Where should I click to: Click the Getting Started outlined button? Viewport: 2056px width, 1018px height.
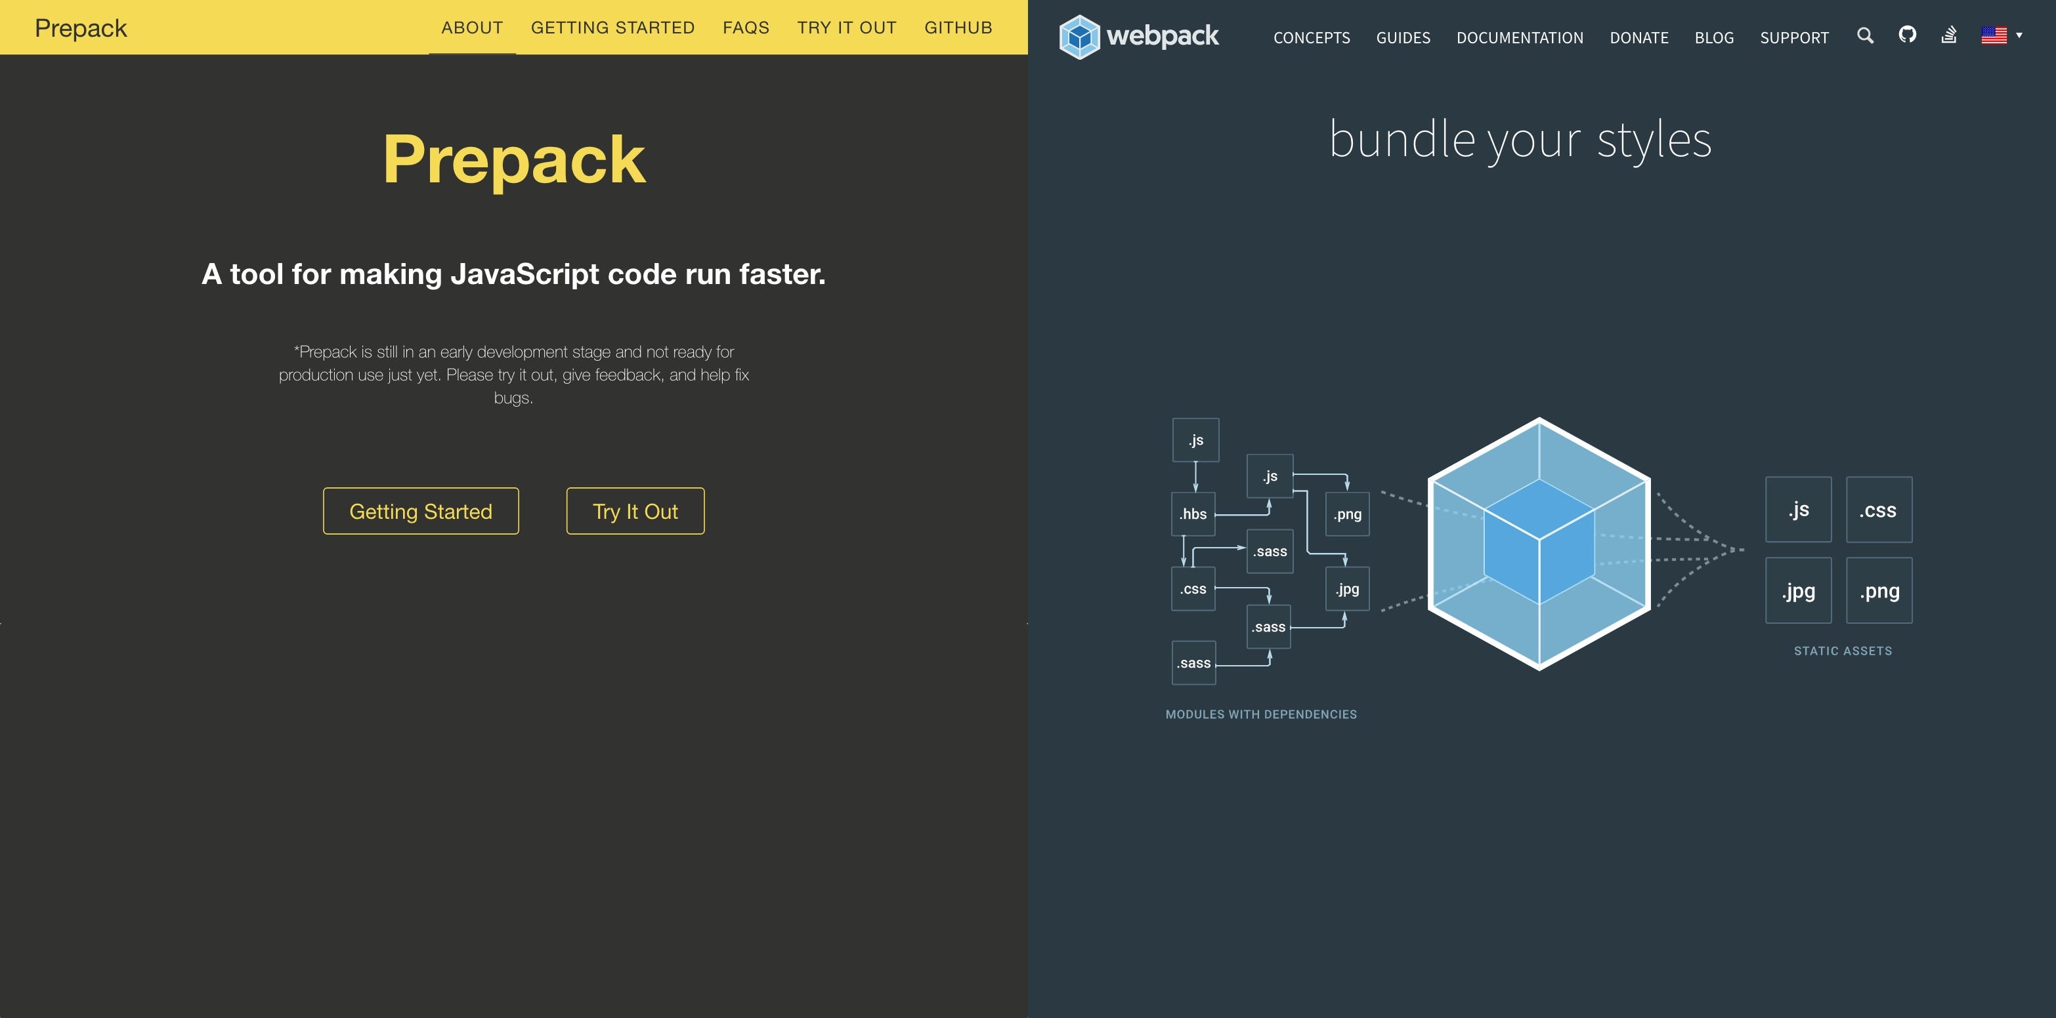coord(421,512)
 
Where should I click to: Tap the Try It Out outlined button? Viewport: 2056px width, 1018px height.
coord(635,512)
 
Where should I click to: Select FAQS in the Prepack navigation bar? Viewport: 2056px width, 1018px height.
coord(746,28)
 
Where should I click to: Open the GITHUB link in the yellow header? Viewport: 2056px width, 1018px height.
coord(958,28)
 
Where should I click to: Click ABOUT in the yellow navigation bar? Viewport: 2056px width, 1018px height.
coord(472,28)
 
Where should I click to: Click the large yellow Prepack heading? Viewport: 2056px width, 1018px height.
coord(514,159)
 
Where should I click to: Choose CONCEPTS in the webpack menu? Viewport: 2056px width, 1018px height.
coord(1312,37)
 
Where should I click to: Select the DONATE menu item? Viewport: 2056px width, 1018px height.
coord(1638,37)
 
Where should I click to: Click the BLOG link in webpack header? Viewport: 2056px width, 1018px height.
coord(1713,37)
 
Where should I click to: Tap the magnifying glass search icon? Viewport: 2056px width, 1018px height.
coord(1864,35)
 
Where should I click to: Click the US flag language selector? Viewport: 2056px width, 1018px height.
coord(1994,35)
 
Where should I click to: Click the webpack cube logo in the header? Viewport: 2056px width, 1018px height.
coord(1079,37)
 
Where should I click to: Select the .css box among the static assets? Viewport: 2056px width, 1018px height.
coord(1879,510)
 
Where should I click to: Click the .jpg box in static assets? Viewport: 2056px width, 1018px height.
coord(1798,591)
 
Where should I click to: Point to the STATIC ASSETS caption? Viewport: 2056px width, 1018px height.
coord(1842,651)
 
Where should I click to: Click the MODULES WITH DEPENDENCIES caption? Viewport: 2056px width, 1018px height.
coord(1261,715)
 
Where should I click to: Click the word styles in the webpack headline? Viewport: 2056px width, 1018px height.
coord(1654,140)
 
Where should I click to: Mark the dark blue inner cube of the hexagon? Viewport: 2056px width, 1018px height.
coord(1539,542)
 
